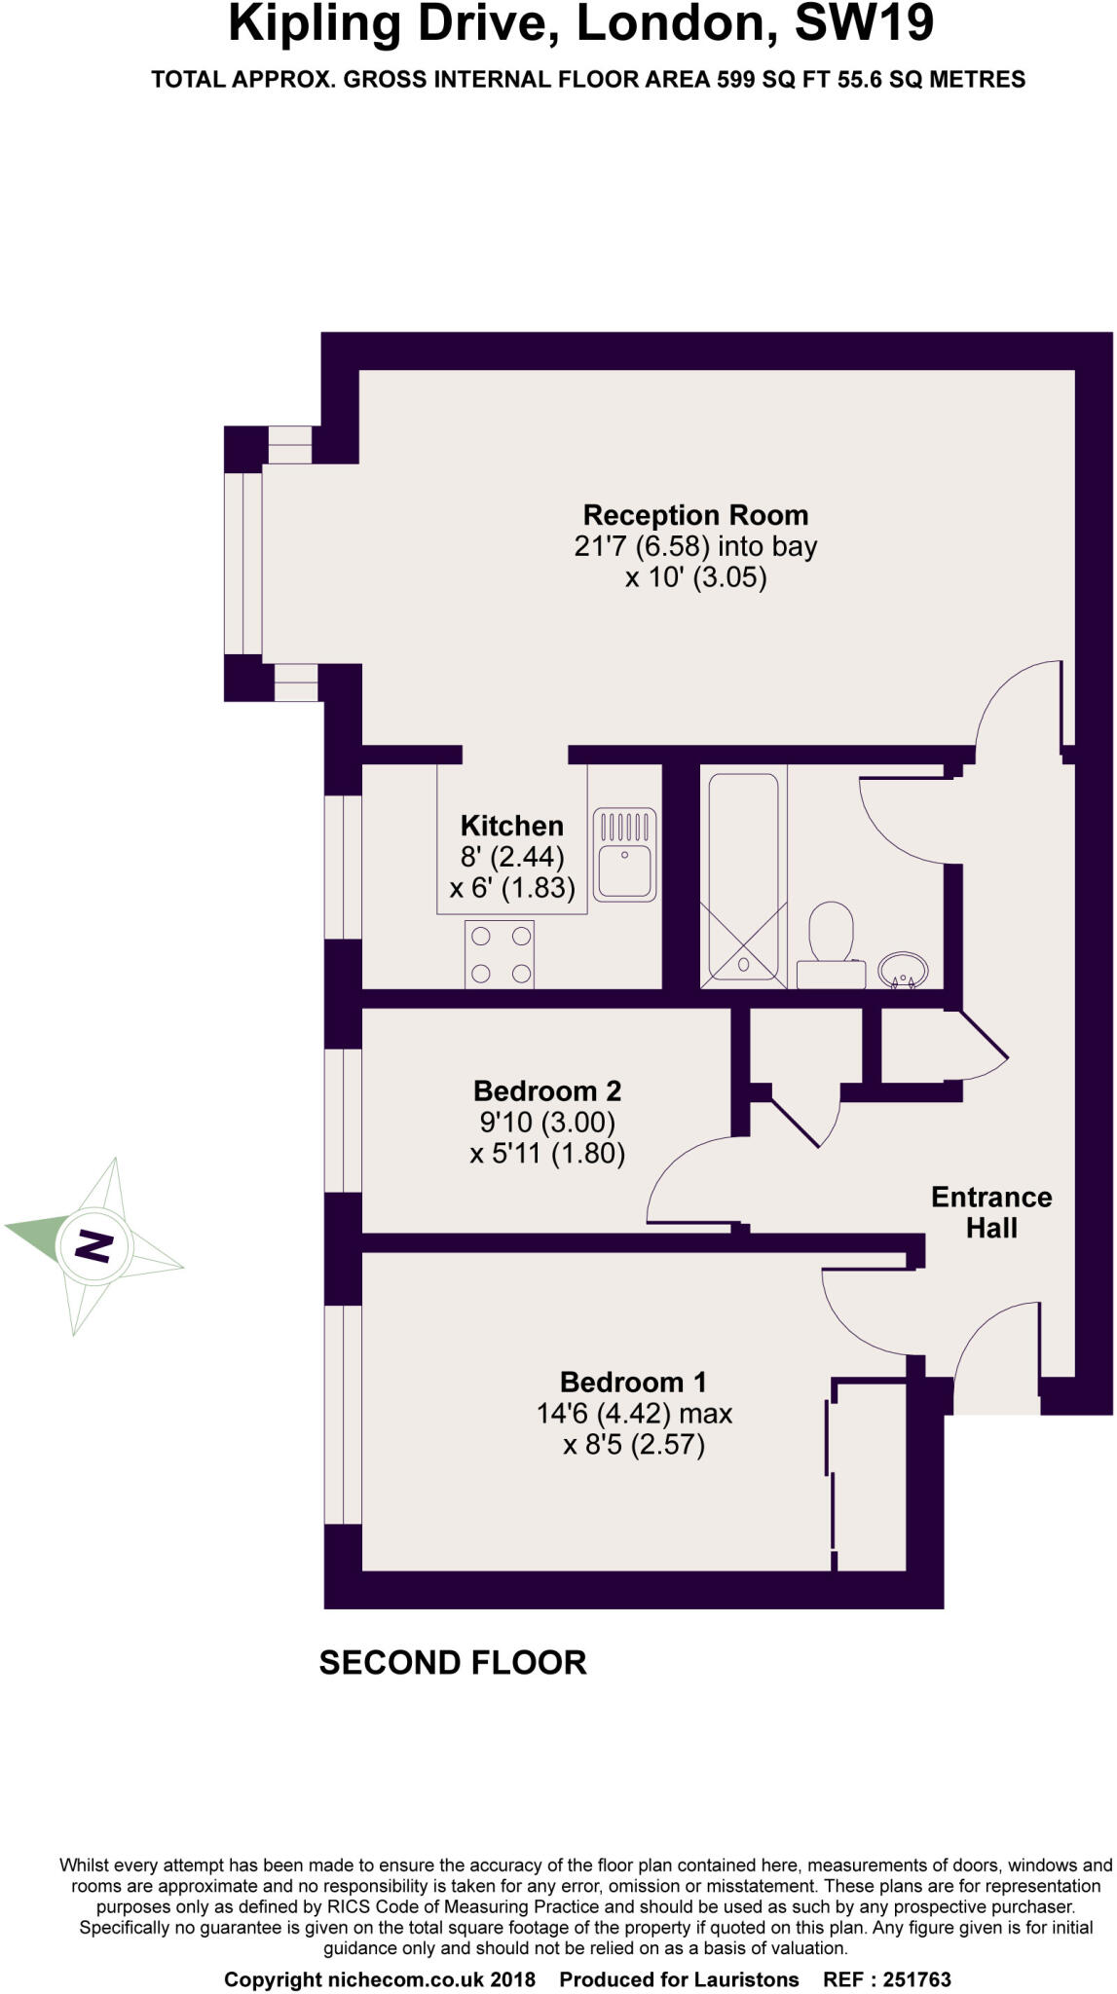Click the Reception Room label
click(695, 515)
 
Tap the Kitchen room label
click(511, 826)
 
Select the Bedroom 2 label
click(546, 1090)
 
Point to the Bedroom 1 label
click(633, 1382)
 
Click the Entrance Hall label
click(991, 1212)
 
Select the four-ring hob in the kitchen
click(500, 954)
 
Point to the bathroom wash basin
click(903, 970)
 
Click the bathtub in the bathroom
click(743, 874)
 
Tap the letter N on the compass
click(94, 1245)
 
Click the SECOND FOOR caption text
click(453, 1662)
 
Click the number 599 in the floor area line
click(736, 80)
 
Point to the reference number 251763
click(916, 1979)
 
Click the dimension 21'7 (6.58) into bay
click(695, 546)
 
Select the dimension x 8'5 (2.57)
click(633, 1444)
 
